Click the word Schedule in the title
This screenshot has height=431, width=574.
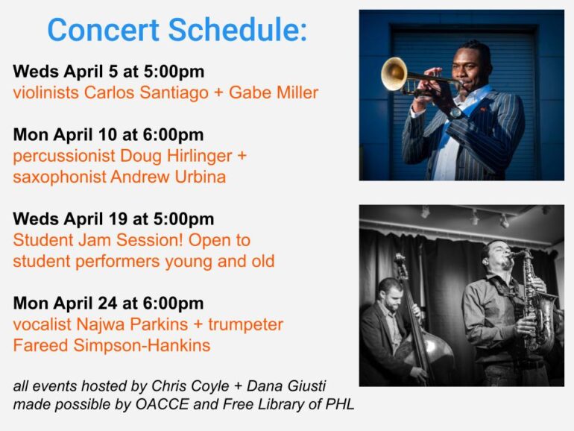238,30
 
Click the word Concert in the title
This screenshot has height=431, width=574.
103,30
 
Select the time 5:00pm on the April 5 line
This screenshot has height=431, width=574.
174,72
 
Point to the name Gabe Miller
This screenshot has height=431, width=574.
274,92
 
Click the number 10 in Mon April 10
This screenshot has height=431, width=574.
107,135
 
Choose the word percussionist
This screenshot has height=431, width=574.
64,157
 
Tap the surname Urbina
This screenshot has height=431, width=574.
200,177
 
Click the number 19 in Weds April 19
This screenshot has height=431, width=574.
118,219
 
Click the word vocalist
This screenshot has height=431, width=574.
42,324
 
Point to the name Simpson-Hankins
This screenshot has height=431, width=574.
142,346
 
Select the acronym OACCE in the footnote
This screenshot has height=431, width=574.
163,404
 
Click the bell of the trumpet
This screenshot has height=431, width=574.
394,74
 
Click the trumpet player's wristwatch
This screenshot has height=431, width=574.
455,113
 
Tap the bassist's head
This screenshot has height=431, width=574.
390,294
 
